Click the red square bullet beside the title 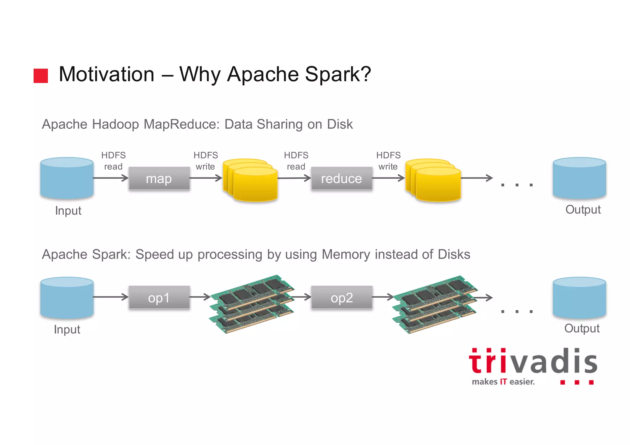[x=41, y=76]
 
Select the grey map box [x=159, y=178]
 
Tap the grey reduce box [x=341, y=178]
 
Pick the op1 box [x=159, y=297]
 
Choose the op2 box [x=341, y=297]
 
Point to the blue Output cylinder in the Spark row [x=579, y=297]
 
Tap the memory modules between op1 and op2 [x=252, y=304]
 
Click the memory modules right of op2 [x=434, y=304]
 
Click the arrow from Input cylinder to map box [x=110, y=178]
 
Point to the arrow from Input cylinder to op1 [x=110, y=297]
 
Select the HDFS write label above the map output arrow [x=205, y=161]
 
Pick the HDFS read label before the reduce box [x=296, y=161]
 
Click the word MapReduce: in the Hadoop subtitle [x=182, y=125]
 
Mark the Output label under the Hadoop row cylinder [x=583, y=210]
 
